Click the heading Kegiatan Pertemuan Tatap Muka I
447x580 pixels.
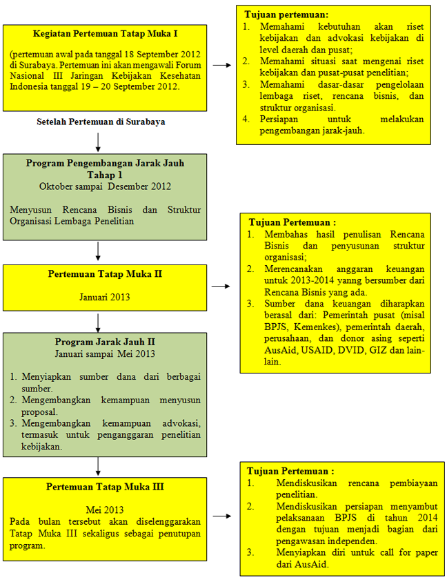[x=106, y=34]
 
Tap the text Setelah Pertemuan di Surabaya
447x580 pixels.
[x=101, y=122]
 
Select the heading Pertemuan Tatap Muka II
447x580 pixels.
[x=105, y=274]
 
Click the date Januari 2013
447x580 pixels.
[x=105, y=297]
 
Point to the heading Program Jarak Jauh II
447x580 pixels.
[x=105, y=342]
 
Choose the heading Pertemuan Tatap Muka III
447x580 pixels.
[x=105, y=487]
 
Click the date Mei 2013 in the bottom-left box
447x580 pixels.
[x=105, y=510]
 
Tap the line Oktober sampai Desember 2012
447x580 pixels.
[x=105, y=186]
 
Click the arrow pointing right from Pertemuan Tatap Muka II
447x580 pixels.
[x=221, y=286]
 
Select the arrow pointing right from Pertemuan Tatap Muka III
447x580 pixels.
[x=222, y=516]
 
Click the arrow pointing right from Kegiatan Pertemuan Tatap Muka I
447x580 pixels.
[x=222, y=65]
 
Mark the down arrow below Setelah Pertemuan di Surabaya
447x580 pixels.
[x=98, y=142]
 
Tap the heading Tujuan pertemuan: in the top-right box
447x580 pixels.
[x=286, y=14]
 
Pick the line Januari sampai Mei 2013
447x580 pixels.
[x=105, y=354]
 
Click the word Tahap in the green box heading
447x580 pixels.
[x=101, y=175]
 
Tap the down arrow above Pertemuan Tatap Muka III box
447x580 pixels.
[x=98, y=467]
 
